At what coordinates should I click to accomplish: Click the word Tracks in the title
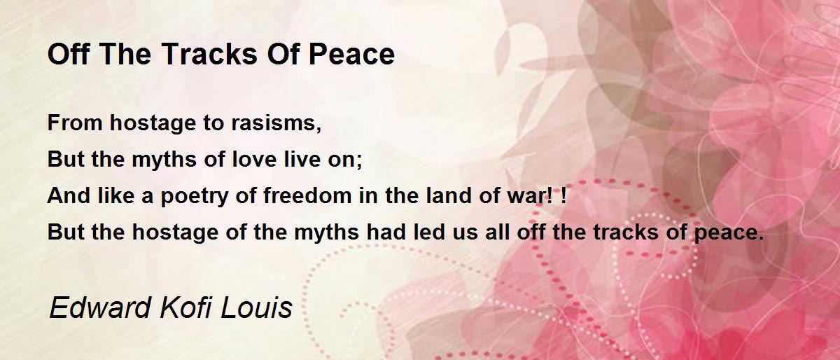pos(210,55)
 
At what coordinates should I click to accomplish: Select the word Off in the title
pos(69,55)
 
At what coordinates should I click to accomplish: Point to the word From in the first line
pos(75,123)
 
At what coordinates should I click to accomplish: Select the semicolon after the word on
pos(359,161)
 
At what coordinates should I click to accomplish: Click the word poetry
pos(195,197)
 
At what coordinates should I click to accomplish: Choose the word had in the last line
pos(386,232)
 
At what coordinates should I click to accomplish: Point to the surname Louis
pos(256,307)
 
